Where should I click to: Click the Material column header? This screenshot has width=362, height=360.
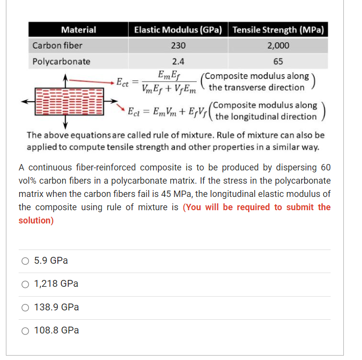78,30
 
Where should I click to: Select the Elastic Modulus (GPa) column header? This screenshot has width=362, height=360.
178,30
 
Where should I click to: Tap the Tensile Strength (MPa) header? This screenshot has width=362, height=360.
278,30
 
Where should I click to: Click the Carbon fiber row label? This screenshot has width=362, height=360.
57,46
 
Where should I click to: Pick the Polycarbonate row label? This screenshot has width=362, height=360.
61,61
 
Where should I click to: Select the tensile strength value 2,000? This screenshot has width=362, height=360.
278,46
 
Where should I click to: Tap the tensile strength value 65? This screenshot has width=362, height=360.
278,61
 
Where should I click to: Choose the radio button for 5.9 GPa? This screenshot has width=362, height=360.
25,261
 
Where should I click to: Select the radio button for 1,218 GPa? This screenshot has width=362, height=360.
25,284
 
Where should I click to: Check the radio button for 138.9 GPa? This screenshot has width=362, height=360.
25,307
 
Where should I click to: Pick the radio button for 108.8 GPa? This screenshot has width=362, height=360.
25,331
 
